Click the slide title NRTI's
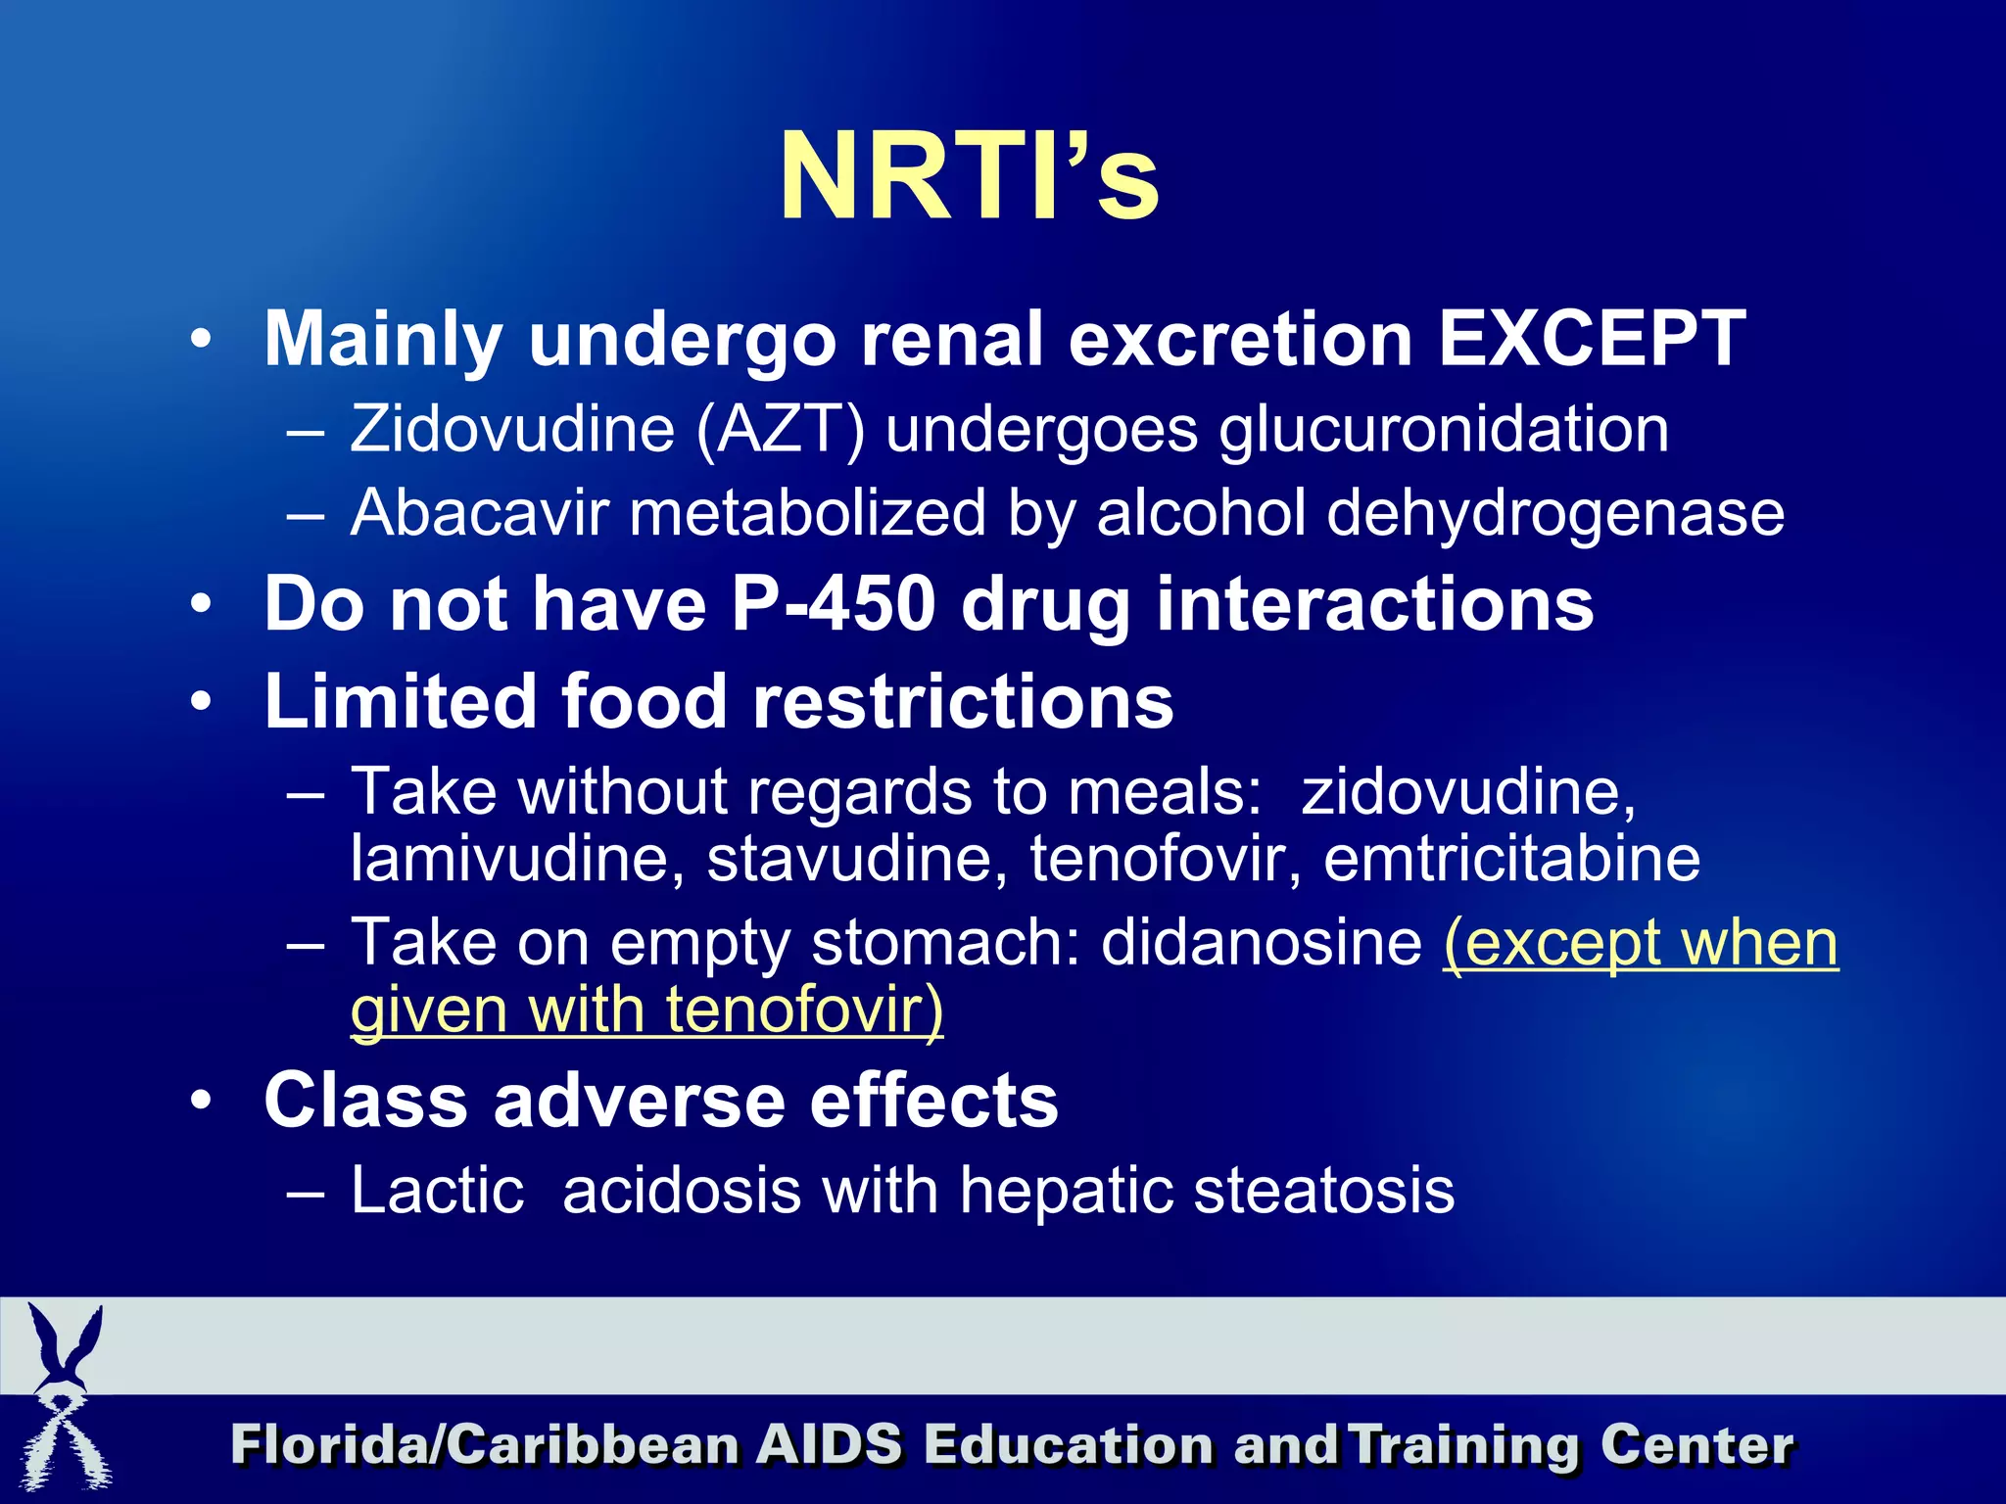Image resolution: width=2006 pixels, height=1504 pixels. point(969,177)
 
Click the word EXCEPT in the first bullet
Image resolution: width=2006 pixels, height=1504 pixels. point(1592,339)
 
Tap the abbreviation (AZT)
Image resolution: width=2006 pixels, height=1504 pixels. point(781,430)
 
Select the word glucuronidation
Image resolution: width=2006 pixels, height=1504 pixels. point(1444,430)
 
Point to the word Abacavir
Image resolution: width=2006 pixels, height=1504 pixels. point(479,513)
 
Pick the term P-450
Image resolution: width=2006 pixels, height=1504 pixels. point(834,604)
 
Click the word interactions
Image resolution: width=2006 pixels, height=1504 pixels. point(1375,604)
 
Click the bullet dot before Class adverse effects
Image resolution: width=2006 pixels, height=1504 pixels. point(201,1101)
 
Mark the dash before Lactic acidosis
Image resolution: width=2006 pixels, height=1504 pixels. point(306,1193)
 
